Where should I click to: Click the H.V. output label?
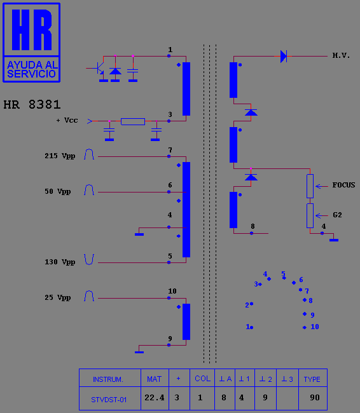341,55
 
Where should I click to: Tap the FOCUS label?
343,185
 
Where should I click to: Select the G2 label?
337,215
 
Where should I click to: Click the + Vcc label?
67,120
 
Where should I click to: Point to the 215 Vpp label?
60,156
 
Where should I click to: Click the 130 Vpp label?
60,262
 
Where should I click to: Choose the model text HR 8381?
32,105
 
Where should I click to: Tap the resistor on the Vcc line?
133,121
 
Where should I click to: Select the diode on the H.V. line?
284,56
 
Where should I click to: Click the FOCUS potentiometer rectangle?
310,186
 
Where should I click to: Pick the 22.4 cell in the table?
155,398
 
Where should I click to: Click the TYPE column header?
312,379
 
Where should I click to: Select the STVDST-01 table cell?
109,400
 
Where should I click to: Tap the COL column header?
202,379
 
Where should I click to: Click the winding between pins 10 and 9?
186,322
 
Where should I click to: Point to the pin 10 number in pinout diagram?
315,327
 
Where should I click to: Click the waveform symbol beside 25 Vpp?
89,296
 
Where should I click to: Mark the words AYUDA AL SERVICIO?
31,69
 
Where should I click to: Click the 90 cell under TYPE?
315,398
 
